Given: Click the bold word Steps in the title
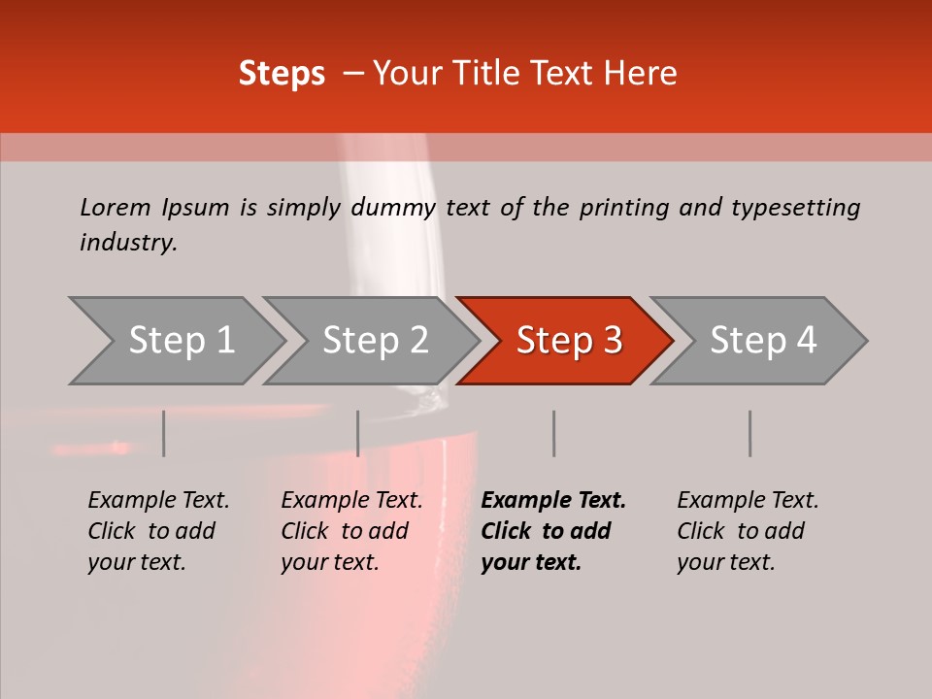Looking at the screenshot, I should pyautogui.click(x=282, y=74).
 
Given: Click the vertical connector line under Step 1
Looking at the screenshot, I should pyautogui.click(x=164, y=433).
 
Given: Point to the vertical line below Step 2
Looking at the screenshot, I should pyautogui.click(x=358, y=433).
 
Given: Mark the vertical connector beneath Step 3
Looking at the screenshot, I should pyautogui.click(x=554, y=433).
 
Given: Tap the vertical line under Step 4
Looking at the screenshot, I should pyautogui.click(x=750, y=433).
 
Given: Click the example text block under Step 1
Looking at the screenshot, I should pyautogui.click(x=158, y=531).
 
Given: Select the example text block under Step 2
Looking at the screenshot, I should pyautogui.click(x=351, y=531).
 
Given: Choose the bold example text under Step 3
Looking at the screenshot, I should pyautogui.click(x=553, y=531).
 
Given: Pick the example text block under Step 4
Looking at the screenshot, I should pyautogui.click(x=748, y=531).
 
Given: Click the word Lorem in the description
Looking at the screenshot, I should pyautogui.click(x=116, y=208).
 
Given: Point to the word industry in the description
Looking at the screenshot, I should pyautogui.click(x=128, y=243).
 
